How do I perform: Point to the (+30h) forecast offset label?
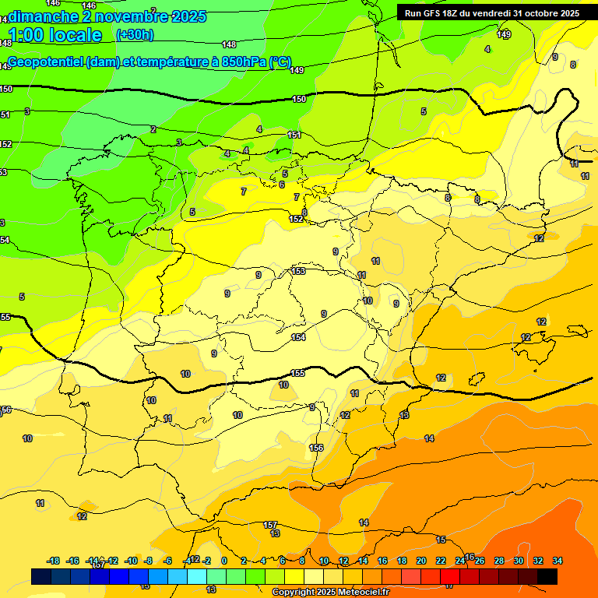pyautogui.click(x=135, y=35)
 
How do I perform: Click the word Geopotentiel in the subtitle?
pyautogui.click(x=46, y=62)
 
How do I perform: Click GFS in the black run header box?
pyautogui.click(x=437, y=13)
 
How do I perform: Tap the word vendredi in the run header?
pyautogui.click(x=489, y=13)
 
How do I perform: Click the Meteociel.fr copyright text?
pyautogui.click(x=330, y=593)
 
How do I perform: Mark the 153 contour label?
pyautogui.click(x=298, y=271)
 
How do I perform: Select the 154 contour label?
pyautogui.click(x=298, y=337)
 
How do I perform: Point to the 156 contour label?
pyautogui.click(x=316, y=448)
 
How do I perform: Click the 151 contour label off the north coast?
pyautogui.click(x=294, y=135)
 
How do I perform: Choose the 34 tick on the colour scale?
pyautogui.click(x=558, y=561)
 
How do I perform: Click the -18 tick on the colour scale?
pyautogui.click(x=54, y=561)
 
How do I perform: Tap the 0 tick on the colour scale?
pyautogui.click(x=224, y=561)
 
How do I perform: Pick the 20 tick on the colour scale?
pyautogui.click(x=421, y=561)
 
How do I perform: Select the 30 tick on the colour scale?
pyautogui.click(x=519, y=561)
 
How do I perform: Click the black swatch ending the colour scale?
pyautogui.click(x=547, y=576)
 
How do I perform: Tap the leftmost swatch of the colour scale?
pyautogui.click(x=41, y=576)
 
